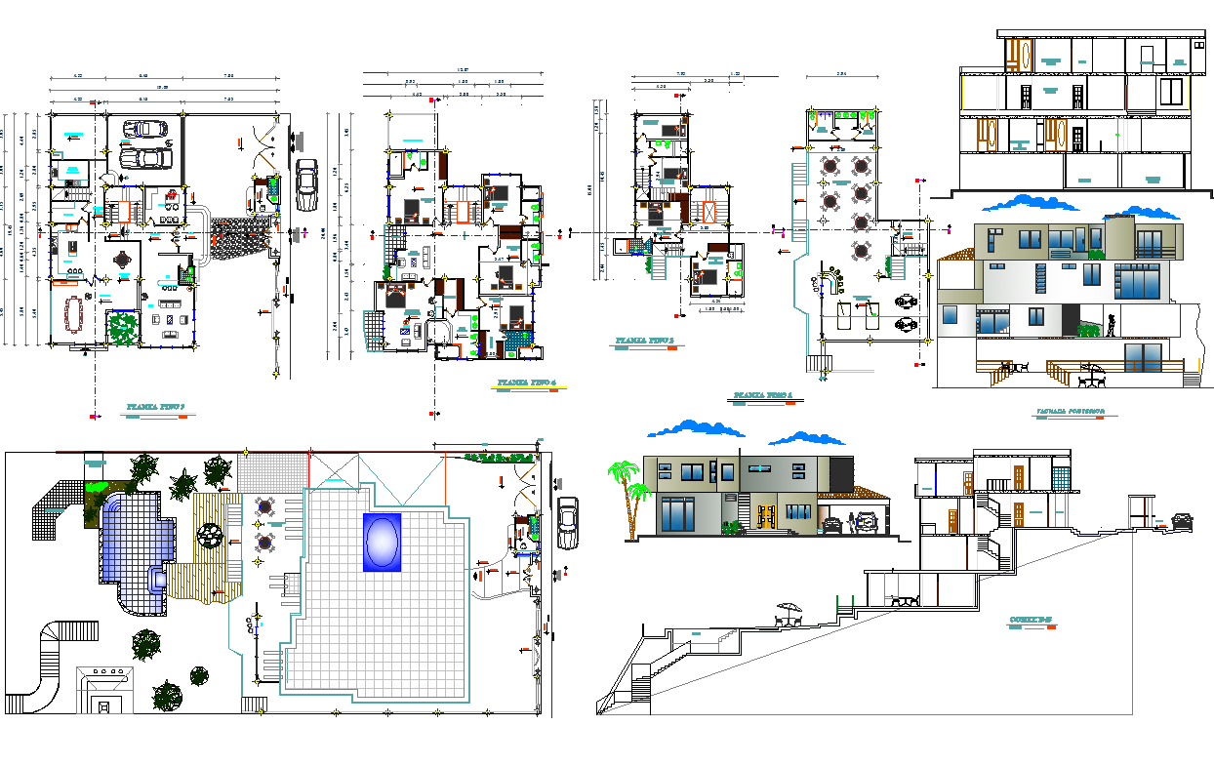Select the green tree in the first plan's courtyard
tap(122, 328)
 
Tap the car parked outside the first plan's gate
tap(306, 184)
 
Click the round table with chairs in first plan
tap(123, 261)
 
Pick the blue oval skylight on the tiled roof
tap(381, 542)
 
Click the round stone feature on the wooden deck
tap(209, 537)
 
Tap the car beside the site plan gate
tap(565, 523)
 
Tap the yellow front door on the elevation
tap(765, 515)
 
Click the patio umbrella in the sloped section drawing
tap(788, 612)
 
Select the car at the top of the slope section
tap(1181, 520)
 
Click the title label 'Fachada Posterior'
tap(1071, 413)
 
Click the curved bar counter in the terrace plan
tap(832, 283)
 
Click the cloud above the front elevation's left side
tap(695, 427)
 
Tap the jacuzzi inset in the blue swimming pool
tap(155, 579)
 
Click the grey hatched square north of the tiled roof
tap(272, 469)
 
